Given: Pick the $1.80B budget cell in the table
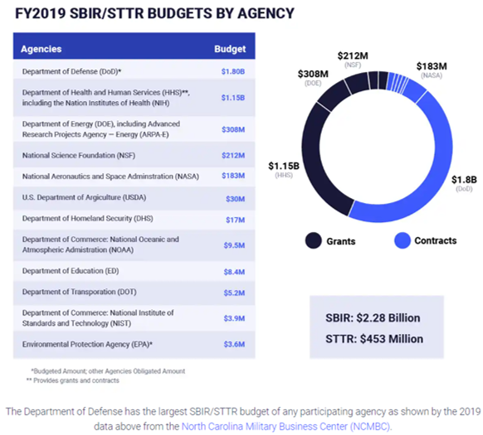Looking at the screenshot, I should tap(232, 73).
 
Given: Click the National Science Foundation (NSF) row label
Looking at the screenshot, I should tap(80, 154).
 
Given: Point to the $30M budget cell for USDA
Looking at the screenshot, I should tap(234, 198).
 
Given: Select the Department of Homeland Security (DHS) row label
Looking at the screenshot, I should tap(88, 220).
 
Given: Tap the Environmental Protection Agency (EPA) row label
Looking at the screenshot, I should tap(87, 342).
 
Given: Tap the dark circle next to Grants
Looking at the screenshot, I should tap(313, 240).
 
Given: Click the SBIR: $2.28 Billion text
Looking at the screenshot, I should tap(373, 317).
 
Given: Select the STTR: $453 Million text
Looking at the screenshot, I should tap(373, 338).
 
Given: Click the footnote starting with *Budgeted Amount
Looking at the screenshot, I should tap(108, 370).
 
